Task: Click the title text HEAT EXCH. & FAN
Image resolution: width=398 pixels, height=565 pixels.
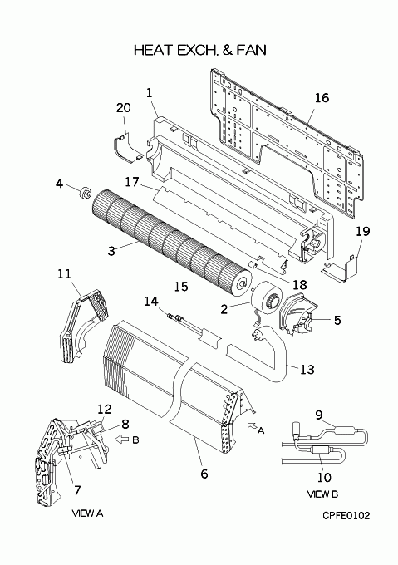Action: click(x=200, y=50)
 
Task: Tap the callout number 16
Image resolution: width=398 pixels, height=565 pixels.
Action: click(x=322, y=98)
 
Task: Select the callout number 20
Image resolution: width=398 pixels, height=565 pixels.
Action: click(x=124, y=107)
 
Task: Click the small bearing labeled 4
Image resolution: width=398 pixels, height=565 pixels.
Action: click(x=86, y=193)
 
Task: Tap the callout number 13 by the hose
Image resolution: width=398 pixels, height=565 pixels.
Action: click(x=307, y=369)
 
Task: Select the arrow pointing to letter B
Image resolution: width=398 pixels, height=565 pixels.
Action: click(x=122, y=440)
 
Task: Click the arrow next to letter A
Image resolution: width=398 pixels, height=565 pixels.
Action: click(x=253, y=425)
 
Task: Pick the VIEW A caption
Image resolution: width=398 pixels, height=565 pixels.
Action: click(x=87, y=513)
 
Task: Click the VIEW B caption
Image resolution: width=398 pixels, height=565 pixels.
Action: click(x=322, y=494)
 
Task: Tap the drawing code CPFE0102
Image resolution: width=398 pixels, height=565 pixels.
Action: click(x=346, y=516)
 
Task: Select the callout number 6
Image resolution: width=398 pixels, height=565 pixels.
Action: click(x=204, y=474)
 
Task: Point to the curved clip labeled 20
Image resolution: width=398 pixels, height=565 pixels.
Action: click(x=128, y=149)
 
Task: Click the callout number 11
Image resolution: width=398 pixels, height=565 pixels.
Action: click(x=64, y=274)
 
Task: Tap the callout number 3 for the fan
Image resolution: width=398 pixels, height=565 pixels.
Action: click(x=111, y=250)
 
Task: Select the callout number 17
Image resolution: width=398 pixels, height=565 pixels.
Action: click(x=132, y=182)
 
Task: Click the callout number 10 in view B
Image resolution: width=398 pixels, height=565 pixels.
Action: click(x=324, y=477)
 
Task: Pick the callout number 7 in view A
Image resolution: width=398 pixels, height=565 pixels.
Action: click(x=77, y=490)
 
